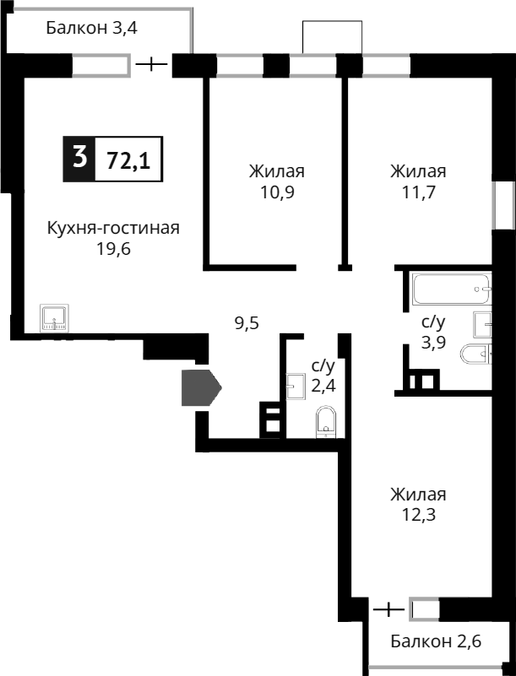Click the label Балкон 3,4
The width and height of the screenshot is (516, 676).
pos(91,28)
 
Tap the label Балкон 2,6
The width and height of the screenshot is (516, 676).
pos(436,641)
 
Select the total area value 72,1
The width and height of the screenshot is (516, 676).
pos(128,159)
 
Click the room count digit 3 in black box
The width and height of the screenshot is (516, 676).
pos(79,158)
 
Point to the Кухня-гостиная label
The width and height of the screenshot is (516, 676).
pos(113,228)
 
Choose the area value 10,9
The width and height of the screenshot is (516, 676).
pos(276,192)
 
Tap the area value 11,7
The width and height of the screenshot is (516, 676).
pos(418,192)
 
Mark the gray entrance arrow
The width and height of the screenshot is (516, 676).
pos(200,388)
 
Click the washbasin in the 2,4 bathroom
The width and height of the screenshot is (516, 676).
pos(296,386)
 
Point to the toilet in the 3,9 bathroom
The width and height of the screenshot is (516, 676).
pos(475,354)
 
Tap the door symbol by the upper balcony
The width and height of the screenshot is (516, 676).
pos(152,64)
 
